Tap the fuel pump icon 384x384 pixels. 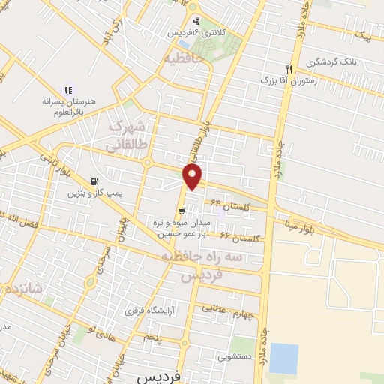point(94,182)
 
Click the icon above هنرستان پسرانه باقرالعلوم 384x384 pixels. point(69,89)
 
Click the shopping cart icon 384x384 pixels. point(182,211)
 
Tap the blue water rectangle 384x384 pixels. point(283,358)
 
